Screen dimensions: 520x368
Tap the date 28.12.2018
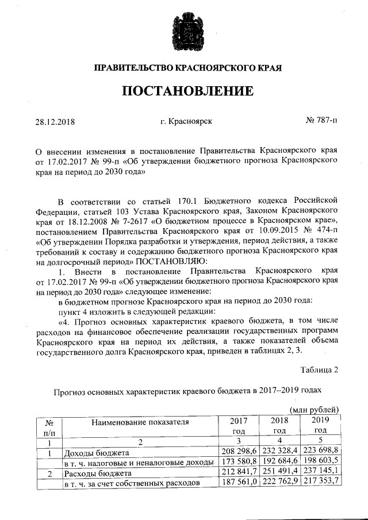point(56,121)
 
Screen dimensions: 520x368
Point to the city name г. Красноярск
point(187,121)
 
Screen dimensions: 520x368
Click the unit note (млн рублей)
point(315,409)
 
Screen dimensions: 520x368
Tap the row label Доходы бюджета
point(95,453)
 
